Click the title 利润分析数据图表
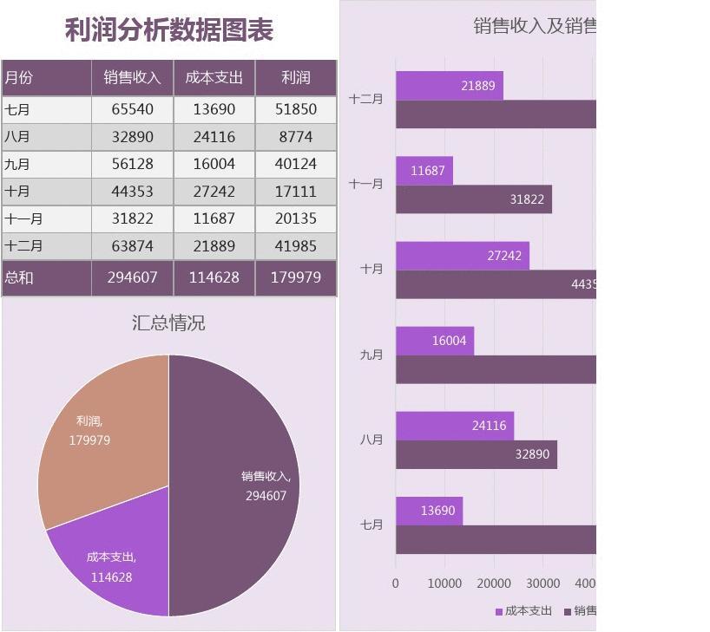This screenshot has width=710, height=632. point(169,29)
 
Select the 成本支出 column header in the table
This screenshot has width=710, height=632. point(214,77)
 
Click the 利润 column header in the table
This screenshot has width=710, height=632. point(295,77)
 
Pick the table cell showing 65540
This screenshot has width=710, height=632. point(132,109)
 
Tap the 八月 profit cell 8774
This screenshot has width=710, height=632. point(295,137)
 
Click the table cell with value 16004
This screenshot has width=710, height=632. point(214,164)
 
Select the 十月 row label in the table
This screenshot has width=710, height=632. point(17,192)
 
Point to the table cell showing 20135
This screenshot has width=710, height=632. point(295,218)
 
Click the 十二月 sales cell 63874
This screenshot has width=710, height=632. point(132,246)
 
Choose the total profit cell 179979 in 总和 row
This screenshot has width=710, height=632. point(295,277)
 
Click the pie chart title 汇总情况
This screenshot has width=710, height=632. point(168,323)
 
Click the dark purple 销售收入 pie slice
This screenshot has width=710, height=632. point(234,485)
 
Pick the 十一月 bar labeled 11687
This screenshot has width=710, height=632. point(424,171)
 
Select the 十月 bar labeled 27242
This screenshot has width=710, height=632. point(462,256)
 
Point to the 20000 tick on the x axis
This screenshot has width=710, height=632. point(494,583)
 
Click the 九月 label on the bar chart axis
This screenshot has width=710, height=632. point(371,355)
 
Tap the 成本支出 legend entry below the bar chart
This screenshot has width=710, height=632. point(523,611)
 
